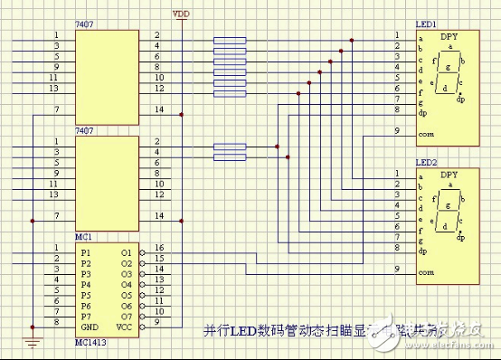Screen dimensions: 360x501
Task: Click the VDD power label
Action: coord(182,13)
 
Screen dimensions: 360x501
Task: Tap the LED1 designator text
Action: coord(427,24)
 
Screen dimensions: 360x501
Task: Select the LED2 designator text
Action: coord(427,162)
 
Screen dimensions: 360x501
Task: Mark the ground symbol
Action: coord(33,341)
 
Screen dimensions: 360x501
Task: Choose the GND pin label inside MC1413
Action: coord(89,327)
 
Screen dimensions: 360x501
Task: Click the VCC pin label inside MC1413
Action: coord(126,327)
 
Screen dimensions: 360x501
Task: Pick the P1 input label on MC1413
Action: coord(86,252)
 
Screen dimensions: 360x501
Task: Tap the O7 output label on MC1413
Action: coord(127,316)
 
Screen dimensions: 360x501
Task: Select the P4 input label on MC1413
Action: coord(86,284)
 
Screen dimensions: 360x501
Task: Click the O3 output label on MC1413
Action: coord(127,273)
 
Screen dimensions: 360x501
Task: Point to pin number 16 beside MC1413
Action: coord(158,247)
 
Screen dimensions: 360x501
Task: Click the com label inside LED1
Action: coord(426,133)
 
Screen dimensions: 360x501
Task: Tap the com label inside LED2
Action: coord(426,271)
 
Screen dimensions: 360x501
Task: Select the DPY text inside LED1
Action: coord(449,36)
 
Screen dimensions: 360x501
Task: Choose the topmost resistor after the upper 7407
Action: coord(229,39)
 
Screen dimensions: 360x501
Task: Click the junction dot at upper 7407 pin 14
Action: coord(182,114)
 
